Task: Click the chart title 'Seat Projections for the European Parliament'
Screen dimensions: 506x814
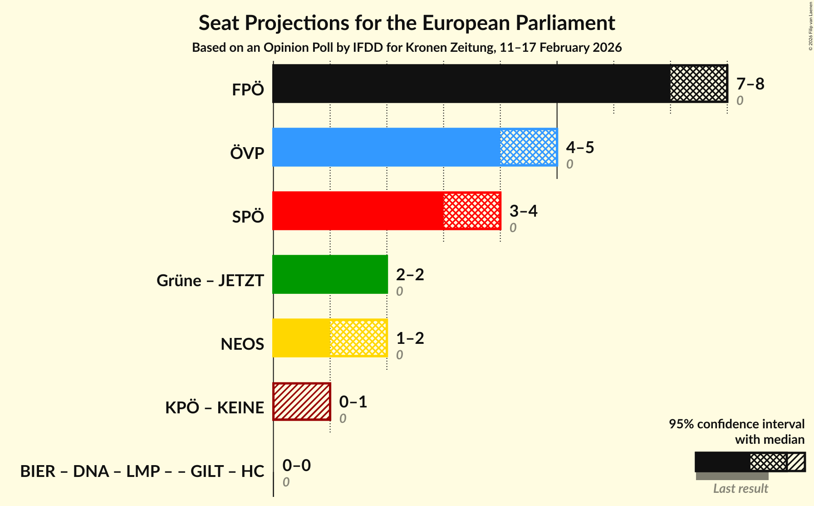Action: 407,23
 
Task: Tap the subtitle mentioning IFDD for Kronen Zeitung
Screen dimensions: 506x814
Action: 407,48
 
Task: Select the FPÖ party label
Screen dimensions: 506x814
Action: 248,90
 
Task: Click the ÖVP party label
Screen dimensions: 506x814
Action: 247,154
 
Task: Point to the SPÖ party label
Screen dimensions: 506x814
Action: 248,217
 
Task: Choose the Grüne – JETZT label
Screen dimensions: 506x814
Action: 210,281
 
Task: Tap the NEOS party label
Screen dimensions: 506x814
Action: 242,344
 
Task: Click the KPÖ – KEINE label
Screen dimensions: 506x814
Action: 214,408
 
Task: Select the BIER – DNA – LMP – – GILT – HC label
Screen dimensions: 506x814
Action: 142,471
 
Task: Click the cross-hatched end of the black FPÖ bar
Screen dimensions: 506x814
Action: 698,84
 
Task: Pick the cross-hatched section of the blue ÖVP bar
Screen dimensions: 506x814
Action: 528,147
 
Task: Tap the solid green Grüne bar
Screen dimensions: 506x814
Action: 330,274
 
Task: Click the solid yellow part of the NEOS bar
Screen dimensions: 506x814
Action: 301,338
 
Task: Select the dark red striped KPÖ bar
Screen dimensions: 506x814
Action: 302,402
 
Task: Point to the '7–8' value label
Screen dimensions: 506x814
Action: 750,84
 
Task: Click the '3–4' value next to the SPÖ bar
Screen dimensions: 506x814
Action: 523,211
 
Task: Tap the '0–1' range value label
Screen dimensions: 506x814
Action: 353,402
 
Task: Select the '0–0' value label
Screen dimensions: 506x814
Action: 296,466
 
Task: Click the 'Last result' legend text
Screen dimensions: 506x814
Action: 740,489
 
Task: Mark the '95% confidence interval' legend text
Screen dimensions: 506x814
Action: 736,424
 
